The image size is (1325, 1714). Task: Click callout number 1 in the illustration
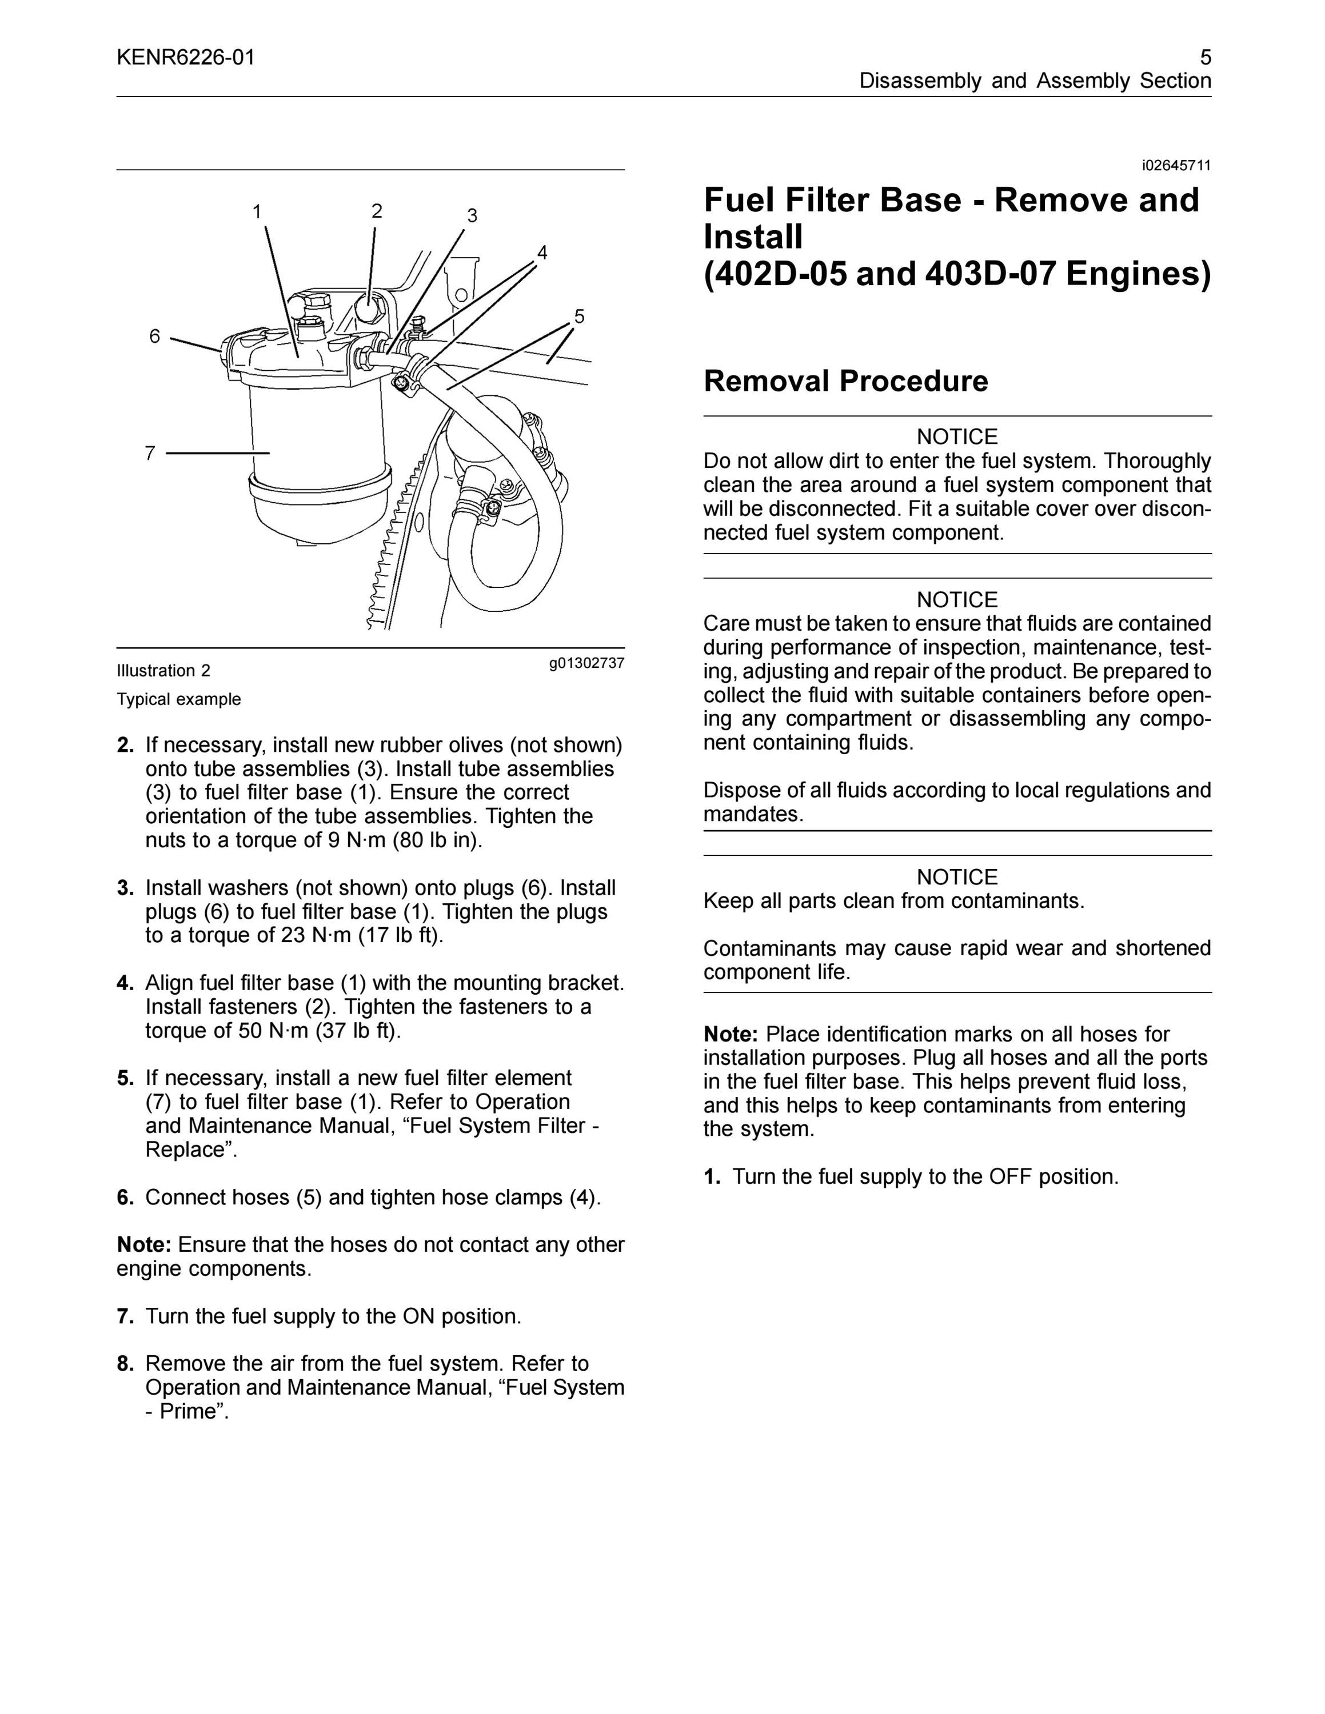click(x=257, y=211)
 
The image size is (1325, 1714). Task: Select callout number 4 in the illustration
click(x=542, y=252)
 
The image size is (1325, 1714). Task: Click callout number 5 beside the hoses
click(x=579, y=317)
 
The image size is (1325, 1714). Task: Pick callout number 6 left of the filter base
click(x=155, y=336)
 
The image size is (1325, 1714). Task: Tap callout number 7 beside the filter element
click(x=150, y=453)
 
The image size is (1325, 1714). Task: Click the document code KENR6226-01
click(x=186, y=57)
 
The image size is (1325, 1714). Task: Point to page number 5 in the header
click(x=1206, y=57)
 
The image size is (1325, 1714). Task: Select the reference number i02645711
click(x=1176, y=166)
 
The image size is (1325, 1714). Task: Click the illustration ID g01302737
click(x=587, y=663)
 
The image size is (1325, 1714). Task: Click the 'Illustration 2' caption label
click(x=164, y=671)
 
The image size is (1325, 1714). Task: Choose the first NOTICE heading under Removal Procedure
click(x=957, y=436)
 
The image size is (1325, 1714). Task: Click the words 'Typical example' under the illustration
click(x=179, y=699)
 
